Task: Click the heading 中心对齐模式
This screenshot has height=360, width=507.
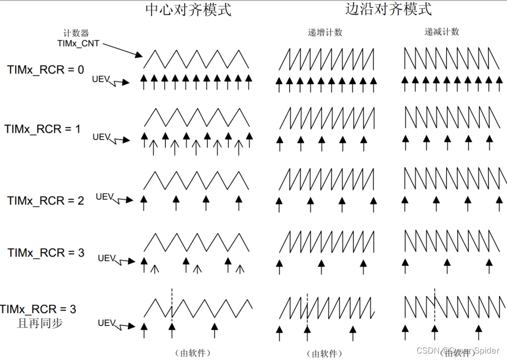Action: pyautogui.click(x=188, y=9)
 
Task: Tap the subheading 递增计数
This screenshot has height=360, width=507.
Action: pyautogui.click(x=325, y=32)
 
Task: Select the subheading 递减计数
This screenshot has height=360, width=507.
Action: pyautogui.click(x=442, y=31)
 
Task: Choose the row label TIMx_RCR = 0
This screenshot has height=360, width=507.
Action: pyautogui.click(x=45, y=69)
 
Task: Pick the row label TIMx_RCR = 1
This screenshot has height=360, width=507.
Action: pyautogui.click(x=42, y=129)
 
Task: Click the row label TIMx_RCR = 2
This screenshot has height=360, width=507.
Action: pyautogui.click(x=45, y=201)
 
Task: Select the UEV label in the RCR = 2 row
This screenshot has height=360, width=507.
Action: pyautogui.click(x=104, y=196)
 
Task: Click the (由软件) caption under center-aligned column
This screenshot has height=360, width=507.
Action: pyautogui.click(x=193, y=353)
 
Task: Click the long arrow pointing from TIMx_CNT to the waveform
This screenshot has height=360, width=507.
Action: pyautogui.click(x=120, y=48)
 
